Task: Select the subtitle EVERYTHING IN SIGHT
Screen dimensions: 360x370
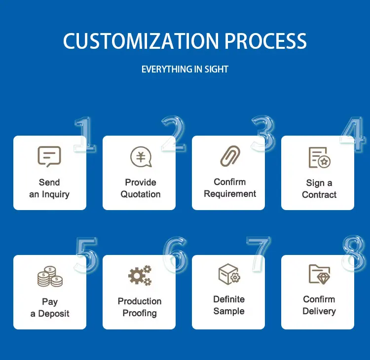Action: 185,70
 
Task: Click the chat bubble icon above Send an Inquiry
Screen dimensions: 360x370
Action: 49,157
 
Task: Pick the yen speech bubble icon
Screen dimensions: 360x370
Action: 141,157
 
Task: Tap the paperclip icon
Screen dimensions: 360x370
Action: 230,156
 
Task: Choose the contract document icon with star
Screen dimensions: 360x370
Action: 319,157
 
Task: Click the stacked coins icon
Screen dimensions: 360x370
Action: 50,277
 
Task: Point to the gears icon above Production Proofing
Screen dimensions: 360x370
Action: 140,276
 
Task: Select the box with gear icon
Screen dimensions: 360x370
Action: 229,274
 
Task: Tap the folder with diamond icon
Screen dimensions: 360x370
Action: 319,274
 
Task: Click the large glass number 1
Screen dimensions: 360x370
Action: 84,134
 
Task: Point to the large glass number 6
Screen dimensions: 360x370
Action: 175,254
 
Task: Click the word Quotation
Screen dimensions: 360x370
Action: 141,194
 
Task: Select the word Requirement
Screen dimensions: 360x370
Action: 230,194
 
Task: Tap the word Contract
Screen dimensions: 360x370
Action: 319,195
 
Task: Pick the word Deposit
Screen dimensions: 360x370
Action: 54,314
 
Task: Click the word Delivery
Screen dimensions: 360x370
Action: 319,311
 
